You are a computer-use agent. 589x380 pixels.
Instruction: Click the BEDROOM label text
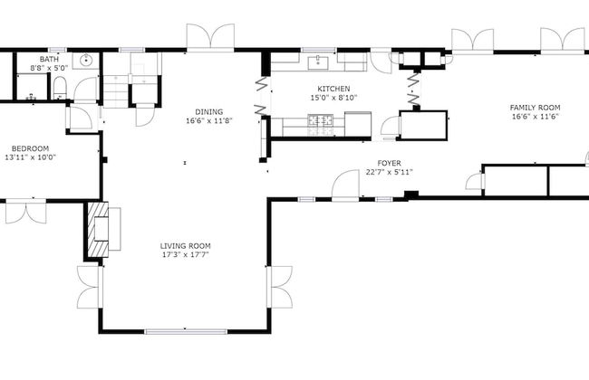[30, 148]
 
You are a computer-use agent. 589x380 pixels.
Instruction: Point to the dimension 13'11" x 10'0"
[30, 157]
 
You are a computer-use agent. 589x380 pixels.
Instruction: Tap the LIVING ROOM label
[185, 245]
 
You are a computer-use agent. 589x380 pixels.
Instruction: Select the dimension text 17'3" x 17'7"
[185, 254]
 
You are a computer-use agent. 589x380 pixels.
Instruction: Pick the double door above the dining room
[210, 38]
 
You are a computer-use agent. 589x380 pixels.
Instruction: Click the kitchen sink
[319, 62]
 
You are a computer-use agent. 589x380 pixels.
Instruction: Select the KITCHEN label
[308, 89]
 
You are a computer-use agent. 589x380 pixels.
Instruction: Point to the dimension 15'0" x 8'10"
[308, 98]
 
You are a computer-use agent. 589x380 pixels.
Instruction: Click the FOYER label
[389, 163]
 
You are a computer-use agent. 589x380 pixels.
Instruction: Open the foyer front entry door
[345, 185]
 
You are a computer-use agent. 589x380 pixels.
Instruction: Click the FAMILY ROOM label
[535, 107]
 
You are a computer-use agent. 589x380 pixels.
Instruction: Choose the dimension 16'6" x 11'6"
[535, 116]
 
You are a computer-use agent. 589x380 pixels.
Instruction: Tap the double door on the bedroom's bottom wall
[25, 212]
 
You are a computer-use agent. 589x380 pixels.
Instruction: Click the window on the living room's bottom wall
[185, 330]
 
